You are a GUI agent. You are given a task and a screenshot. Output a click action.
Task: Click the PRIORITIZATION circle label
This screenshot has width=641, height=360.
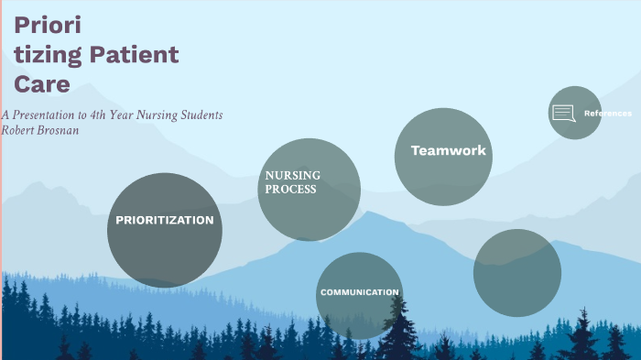(164, 220)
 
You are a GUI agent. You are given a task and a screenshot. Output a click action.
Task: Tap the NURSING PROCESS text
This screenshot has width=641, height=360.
(291, 182)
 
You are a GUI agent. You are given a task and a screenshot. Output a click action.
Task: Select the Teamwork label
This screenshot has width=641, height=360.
(448, 150)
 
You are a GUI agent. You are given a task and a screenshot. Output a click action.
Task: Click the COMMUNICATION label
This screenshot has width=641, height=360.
(359, 292)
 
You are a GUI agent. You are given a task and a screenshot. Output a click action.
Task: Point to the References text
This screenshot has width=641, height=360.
(607, 114)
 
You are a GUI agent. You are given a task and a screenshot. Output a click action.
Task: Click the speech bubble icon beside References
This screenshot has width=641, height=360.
(563, 114)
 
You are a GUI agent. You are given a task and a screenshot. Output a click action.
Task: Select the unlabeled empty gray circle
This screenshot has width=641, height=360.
(516, 272)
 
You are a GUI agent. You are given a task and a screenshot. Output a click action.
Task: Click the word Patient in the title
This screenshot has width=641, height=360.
(134, 55)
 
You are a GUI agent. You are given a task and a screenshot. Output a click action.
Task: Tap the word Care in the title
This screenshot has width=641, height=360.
(42, 85)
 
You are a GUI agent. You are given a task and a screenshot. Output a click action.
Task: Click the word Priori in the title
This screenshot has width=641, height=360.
(48, 25)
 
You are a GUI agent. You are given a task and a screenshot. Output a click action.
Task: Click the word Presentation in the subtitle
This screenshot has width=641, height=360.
(49, 115)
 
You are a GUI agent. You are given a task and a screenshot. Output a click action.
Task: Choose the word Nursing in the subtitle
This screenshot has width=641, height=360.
(166, 115)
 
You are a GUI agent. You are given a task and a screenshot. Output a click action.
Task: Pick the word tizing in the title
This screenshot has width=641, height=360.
(46, 55)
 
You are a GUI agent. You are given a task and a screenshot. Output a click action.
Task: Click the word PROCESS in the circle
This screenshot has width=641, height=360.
(291, 190)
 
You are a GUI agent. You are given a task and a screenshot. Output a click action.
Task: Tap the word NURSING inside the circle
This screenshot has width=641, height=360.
(292, 176)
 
